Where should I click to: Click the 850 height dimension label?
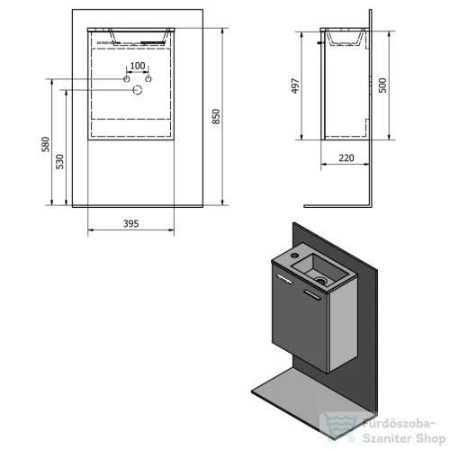pyautogui.click(x=216, y=116)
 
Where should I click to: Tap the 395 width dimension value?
pyautogui.click(x=131, y=223)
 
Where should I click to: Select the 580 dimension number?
pyautogui.click(x=45, y=144)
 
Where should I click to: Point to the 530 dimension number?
pyautogui.click(x=60, y=162)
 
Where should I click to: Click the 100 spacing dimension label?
pyautogui.click(x=138, y=66)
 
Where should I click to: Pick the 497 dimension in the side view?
pyautogui.click(x=295, y=86)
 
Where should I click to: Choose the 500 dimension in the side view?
pyautogui.click(x=382, y=85)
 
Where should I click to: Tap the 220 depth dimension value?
pyautogui.click(x=346, y=157)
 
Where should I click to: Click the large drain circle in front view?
pyautogui.click(x=138, y=90)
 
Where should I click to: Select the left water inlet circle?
pyautogui.click(x=127, y=79)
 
